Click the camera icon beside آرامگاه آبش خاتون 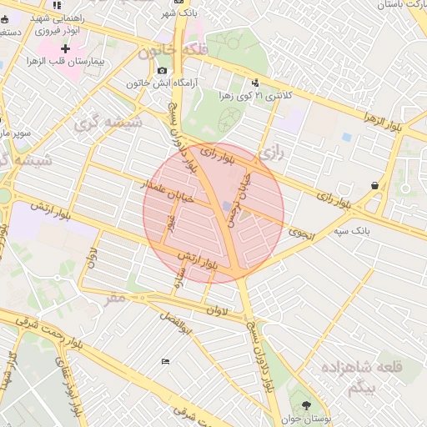(x=162, y=71)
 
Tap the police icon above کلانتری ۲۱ (x=254, y=83)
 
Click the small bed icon (x=164, y=360)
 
